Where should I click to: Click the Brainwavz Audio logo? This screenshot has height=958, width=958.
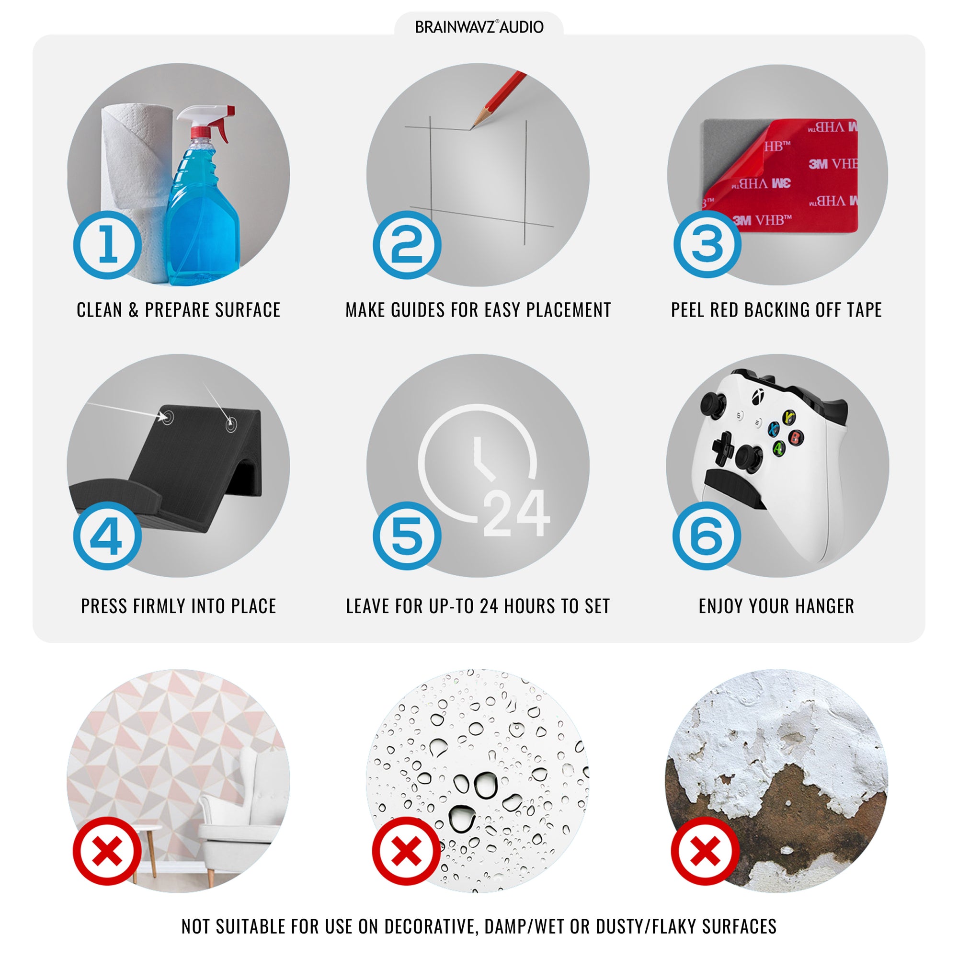click(x=479, y=27)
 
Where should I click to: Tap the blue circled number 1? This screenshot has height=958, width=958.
click(x=108, y=245)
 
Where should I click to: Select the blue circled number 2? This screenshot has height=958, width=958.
click(x=407, y=245)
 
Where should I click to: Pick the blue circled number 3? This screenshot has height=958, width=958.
click(x=707, y=244)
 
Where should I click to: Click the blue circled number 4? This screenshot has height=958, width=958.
click(x=108, y=536)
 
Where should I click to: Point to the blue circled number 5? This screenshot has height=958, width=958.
click(x=407, y=536)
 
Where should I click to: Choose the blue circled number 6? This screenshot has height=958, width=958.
click(x=707, y=536)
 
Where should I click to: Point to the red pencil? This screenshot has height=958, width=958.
click(x=498, y=99)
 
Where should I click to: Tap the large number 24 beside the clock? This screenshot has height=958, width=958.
click(x=516, y=513)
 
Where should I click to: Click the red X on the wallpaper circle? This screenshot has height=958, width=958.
click(x=108, y=851)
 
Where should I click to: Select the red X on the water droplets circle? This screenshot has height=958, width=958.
click(x=407, y=851)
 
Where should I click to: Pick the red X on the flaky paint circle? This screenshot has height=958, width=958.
click(x=705, y=851)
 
